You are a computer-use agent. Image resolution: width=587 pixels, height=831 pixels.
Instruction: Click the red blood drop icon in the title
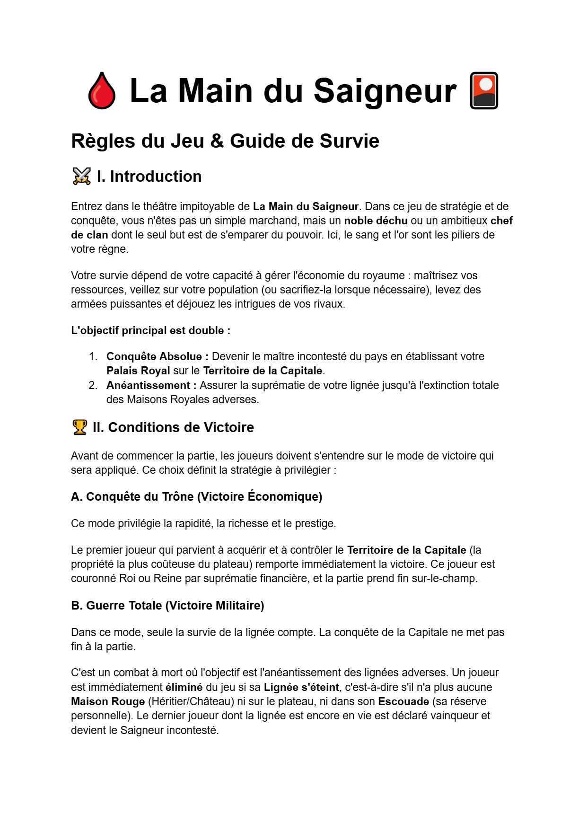point(102,90)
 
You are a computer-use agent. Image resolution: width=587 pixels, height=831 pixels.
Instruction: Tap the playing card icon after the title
point(483,90)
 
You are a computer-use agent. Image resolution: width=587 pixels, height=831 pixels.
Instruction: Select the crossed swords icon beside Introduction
point(81,176)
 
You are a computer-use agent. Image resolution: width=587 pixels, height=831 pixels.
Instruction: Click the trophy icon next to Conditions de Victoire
point(79,427)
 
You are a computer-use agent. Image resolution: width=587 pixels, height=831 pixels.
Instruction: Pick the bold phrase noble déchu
point(376,221)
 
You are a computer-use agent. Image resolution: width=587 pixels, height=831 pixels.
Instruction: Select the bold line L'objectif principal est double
point(150,330)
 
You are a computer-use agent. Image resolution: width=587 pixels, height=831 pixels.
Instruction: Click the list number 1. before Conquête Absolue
point(93,356)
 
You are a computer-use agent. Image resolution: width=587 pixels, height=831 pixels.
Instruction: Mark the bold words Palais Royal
point(138,371)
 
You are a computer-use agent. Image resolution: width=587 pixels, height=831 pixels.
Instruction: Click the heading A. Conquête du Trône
point(196,496)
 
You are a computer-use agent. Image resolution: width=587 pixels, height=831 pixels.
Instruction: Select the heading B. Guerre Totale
point(167,605)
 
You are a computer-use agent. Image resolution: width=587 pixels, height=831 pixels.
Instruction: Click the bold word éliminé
point(184,687)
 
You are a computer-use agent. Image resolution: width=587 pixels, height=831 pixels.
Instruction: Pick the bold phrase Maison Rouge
point(108,701)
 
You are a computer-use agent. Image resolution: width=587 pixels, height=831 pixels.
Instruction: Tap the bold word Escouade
point(403,701)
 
